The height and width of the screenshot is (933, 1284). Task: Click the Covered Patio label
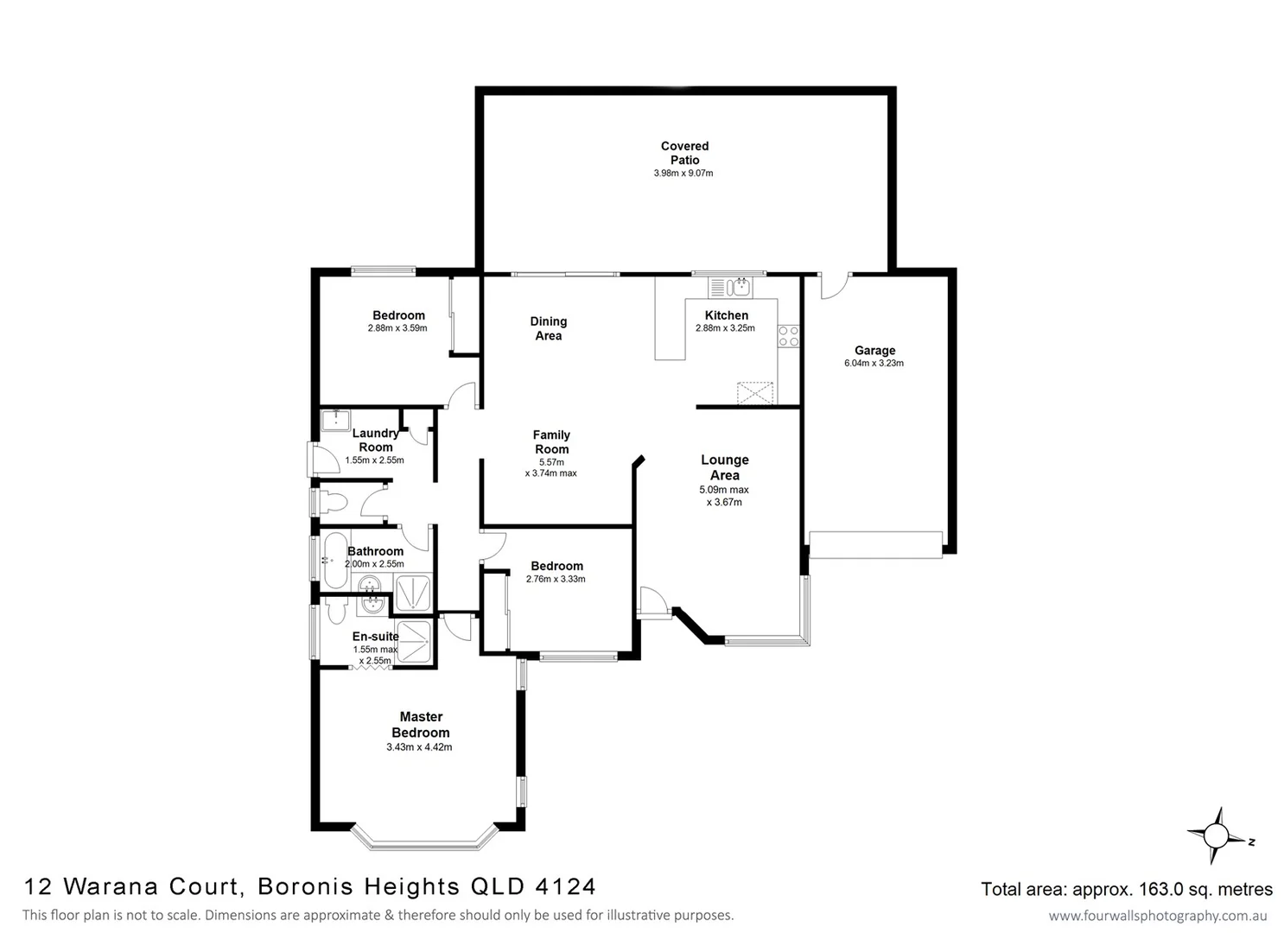click(684, 153)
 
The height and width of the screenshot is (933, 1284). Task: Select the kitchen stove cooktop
click(788, 336)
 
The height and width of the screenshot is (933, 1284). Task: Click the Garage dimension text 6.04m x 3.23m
click(874, 364)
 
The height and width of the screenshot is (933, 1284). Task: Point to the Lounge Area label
click(724, 467)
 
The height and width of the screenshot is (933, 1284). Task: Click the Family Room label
click(551, 442)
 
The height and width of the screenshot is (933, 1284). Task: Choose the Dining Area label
click(549, 328)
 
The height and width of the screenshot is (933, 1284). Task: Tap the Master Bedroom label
click(421, 725)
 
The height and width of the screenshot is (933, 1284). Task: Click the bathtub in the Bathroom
click(335, 560)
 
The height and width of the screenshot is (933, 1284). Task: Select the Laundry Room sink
click(335, 421)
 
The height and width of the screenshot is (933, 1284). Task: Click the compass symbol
click(1216, 835)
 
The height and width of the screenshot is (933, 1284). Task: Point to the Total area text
click(1126, 889)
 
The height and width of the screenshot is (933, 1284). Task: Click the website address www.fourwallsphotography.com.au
click(1157, 916)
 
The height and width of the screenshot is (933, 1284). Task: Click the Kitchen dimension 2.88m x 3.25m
click(725, 328)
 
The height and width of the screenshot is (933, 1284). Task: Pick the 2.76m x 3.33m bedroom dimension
click(556, 579)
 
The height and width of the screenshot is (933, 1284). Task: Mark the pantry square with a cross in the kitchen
click(755, 393)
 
